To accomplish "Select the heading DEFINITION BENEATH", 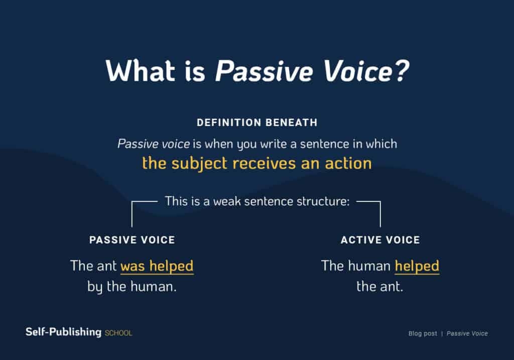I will (256, 123).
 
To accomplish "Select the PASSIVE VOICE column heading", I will (132, 240).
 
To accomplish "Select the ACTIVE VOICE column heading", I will (380, 240).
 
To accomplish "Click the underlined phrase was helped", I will (157, 266).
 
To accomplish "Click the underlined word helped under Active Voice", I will (417, 266).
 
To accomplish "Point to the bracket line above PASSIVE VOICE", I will (132, 213).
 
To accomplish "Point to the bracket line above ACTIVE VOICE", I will (380, 213).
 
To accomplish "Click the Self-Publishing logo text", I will (63, 332).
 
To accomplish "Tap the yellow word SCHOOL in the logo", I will (118, 333).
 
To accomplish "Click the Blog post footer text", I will (423, 333).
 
